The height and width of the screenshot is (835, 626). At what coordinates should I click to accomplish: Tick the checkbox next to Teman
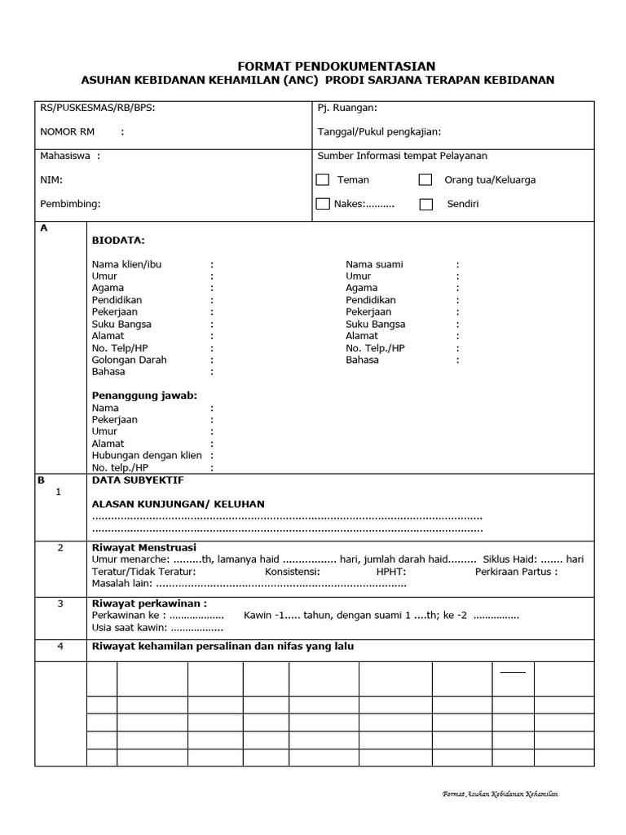click(323, 180)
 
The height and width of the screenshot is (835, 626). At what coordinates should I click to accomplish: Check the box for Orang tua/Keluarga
click(425, 180)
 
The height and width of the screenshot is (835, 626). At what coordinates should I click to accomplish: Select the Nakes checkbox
click(323, 204)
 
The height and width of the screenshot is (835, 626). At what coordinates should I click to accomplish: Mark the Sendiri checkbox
click(425, 205)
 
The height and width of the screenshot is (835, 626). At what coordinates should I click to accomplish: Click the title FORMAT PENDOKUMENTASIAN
click(336, 66)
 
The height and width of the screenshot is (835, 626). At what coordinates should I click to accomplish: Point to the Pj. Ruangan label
click(347, 108)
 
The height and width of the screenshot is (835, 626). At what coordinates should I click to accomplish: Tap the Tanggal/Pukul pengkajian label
click(379, 131)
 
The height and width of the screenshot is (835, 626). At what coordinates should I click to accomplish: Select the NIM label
click(51, 179)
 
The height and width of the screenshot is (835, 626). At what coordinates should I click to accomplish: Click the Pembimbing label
click(70, 204)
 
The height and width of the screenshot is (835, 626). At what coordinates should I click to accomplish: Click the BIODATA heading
click(118, 241)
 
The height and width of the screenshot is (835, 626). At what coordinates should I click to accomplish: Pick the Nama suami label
click(374, 264)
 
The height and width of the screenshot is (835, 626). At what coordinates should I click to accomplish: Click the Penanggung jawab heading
click(144, 395)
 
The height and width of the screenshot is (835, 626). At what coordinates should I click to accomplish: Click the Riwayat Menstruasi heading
click(143, 547)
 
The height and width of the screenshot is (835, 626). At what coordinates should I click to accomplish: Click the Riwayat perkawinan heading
click(149, 603)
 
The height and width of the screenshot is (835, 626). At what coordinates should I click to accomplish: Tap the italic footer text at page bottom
click(500, 793)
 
